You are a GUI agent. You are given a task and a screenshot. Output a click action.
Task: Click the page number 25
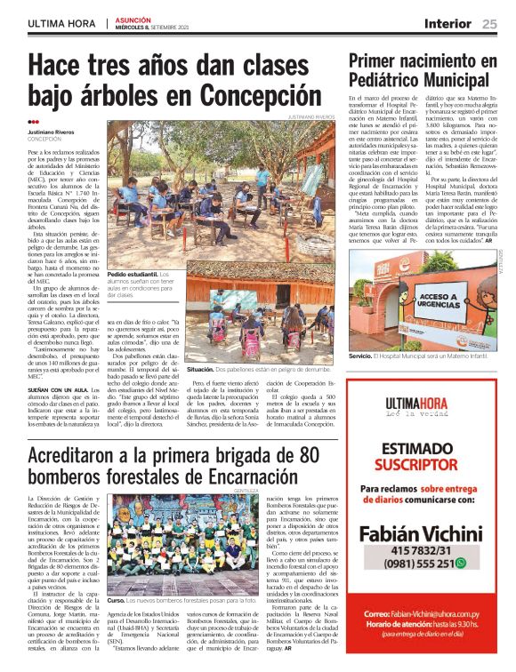[x=490, y=24]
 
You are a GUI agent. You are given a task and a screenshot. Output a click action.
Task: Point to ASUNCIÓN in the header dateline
[x=133, y=20]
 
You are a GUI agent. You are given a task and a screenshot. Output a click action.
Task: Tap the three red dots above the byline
[x=34, y=122]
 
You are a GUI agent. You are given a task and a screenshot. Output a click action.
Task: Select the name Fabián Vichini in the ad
[x=420, y=533]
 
